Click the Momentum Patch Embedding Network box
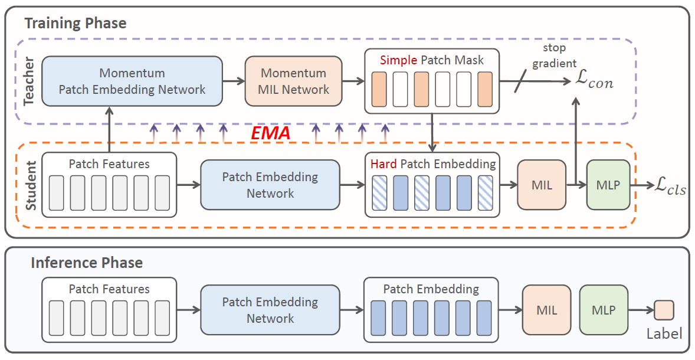point(132,81)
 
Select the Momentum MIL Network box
point(293,81)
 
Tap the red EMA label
point(270,133)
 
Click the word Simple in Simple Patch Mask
point(398,60)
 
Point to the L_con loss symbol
point(594,82)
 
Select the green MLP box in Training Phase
point(608,185)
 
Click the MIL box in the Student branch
point(541,185)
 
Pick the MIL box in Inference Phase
point(546,310)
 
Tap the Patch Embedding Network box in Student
point(270,185)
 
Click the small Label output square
point(664,310)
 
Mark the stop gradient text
point(554,55)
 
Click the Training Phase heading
point(75,24)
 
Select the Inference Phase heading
point(86,263)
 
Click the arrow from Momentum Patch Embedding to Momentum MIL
point(233,81)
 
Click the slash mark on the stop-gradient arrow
point(519,82)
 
